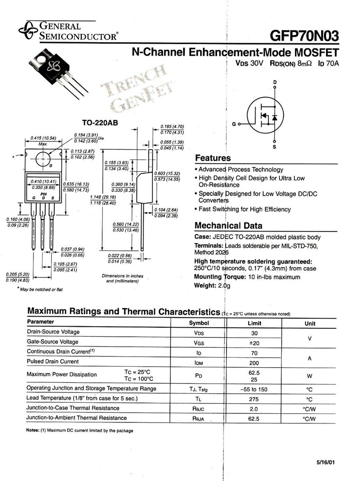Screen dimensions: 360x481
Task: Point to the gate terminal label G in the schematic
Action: [x=234, y=123]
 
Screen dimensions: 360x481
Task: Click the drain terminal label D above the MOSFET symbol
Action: [x=275, y=82]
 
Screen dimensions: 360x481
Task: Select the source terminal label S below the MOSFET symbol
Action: [x=274, y=147]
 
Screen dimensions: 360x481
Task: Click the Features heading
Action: [x=212, y=158]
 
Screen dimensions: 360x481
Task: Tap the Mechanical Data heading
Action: [x=228, y=225]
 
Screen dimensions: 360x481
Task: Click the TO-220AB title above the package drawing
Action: [x=100, y=123]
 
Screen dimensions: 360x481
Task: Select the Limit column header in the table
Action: [x=255, y=323]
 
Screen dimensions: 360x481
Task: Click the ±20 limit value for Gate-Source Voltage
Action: [x=255, y=343]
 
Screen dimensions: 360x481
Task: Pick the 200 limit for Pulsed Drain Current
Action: [x=255, y=362]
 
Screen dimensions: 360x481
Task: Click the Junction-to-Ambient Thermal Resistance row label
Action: [x=77, y=418]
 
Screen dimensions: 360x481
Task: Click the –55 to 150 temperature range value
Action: [x=255, y=389]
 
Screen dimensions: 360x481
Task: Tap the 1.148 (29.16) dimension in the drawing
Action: [x=116, y=200]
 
